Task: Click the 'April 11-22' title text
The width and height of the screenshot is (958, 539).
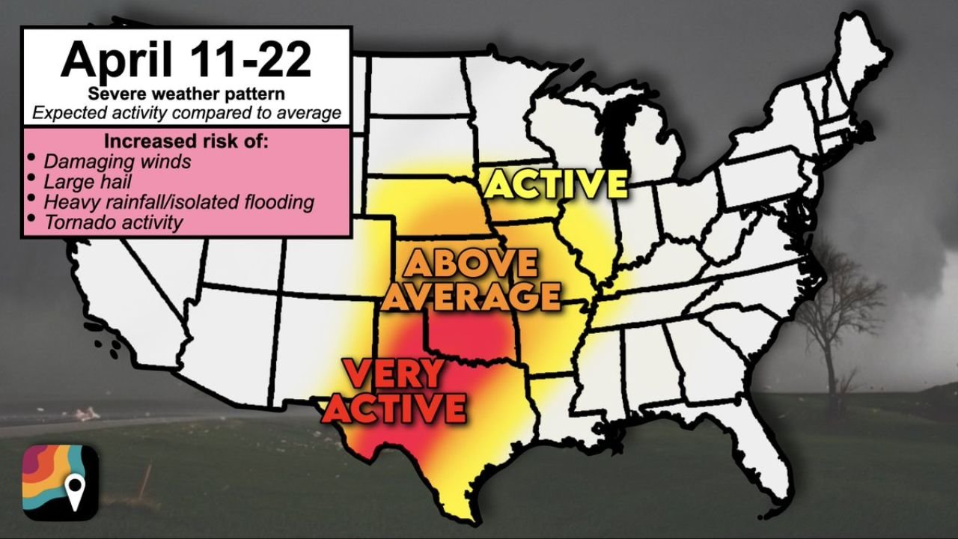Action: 186,59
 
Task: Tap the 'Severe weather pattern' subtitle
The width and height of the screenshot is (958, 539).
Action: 186,94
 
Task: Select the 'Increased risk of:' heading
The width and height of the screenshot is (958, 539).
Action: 186,141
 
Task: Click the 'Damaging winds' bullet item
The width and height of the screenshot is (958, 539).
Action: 118,161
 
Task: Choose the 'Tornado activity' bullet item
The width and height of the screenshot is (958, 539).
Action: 113,222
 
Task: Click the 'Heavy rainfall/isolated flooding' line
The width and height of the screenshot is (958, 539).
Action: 179,201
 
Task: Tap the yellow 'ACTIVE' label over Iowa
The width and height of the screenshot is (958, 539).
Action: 556,185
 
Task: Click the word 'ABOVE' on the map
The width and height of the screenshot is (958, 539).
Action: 471,264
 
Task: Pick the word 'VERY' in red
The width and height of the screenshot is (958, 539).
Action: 394,374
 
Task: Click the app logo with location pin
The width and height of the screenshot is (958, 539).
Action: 60,482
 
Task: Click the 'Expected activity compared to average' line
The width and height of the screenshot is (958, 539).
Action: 186,114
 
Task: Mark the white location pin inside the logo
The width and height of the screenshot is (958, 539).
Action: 74,491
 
